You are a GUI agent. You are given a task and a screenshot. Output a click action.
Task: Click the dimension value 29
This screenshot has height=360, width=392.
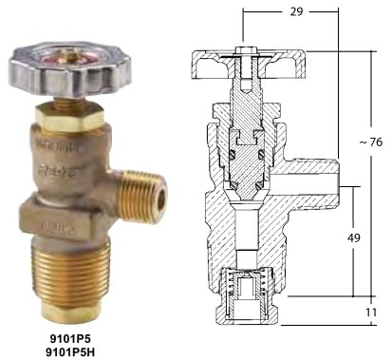point(296,11)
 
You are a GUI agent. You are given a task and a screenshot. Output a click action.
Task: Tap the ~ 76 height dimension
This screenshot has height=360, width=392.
point(371,142)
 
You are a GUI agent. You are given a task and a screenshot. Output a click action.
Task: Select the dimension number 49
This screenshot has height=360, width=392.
point(354,237)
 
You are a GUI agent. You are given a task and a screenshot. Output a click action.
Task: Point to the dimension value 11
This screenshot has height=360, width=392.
point(371,313)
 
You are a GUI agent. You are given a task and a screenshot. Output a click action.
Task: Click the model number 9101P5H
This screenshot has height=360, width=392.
point(70,352)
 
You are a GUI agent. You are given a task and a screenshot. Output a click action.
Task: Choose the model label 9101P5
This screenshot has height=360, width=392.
point(70,339)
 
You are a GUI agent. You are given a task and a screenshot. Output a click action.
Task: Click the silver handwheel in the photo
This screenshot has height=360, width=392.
point(70,68)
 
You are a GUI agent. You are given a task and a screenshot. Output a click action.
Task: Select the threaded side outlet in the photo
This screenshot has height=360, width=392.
point(144,196)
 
